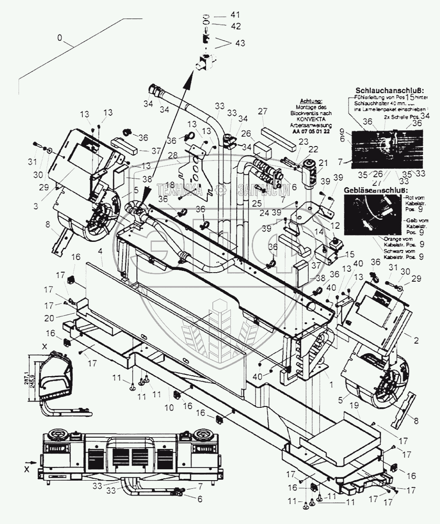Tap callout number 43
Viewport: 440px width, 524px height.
(x=240, y=43)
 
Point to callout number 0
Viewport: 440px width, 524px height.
(x=60, y=39)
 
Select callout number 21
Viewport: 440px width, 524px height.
(x=323, y=163)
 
